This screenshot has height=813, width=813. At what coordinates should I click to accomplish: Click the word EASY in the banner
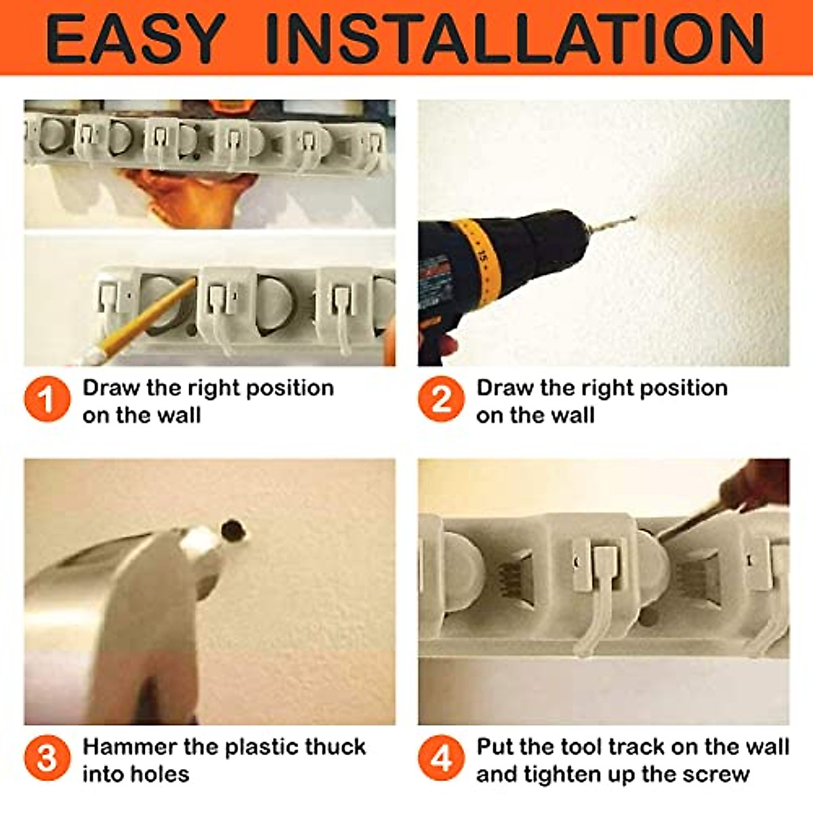(135, 38)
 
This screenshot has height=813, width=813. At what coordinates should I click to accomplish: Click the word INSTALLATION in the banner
(515, 38)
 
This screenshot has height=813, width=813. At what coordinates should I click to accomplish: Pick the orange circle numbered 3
(47, 758)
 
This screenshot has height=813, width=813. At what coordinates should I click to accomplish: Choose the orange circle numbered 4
(441, 758)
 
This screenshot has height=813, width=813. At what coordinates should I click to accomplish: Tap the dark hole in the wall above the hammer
(233, 528)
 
